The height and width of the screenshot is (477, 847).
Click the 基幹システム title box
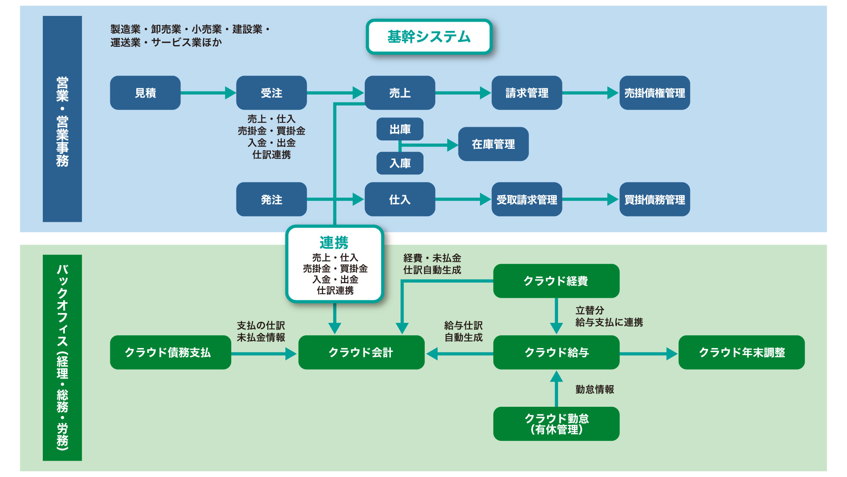pos(429,37)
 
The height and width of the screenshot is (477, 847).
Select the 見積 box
pos(145,93)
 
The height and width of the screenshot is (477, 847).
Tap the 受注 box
pos(271,93)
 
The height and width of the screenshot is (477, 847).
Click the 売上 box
pos(400,93)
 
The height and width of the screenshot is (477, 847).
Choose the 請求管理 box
pos(527,93)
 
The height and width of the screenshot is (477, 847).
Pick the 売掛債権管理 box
pos(655,93)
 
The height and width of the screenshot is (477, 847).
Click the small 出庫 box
pos(400,129)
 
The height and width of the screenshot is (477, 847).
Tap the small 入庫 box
pos(400,163)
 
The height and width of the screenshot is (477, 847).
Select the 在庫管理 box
pos(493,144)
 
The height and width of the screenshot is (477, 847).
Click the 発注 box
pos(271,199)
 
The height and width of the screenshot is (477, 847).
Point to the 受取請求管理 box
pos(527,199)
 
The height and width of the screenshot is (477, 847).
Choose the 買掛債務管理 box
pos(655,199)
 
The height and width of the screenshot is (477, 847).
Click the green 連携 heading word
pos(334,242)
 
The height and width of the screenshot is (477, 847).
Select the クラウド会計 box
pos(361,352)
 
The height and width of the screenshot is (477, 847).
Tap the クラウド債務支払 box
pos(170,352)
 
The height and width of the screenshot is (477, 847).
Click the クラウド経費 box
pos(556,281)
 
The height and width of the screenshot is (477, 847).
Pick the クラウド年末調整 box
pos(742,352)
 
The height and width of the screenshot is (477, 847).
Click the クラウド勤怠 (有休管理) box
pos(556,424)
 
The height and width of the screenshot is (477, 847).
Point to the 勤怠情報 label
pos(594,389)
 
